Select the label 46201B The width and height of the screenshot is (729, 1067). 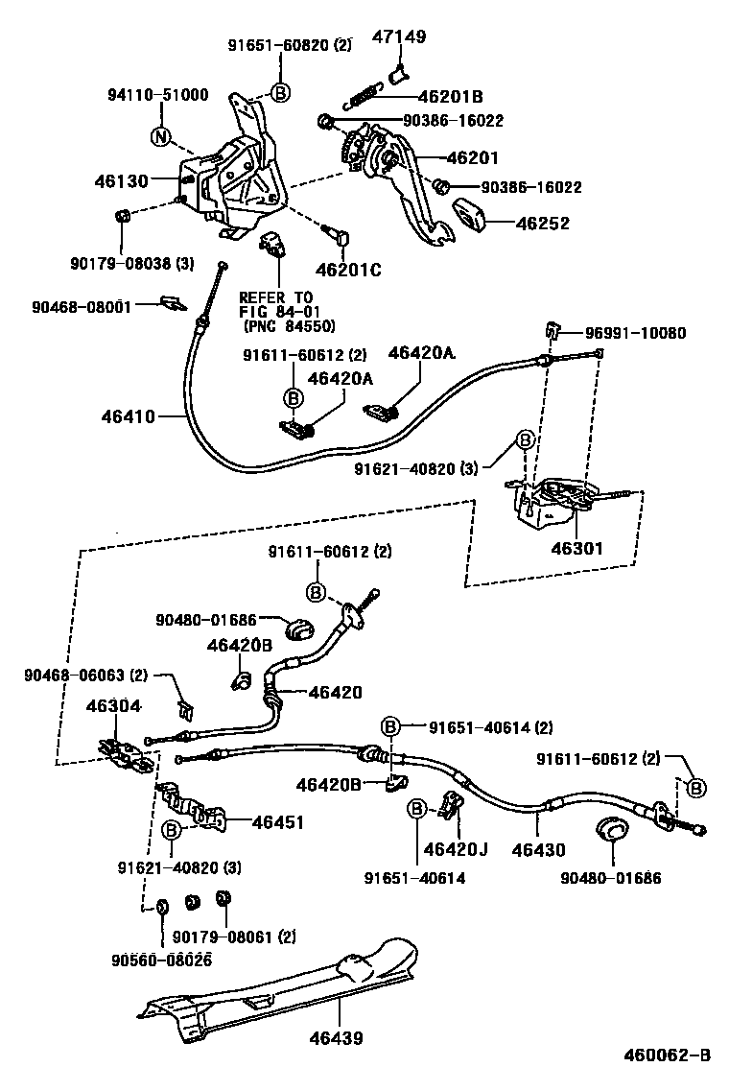(x=450, y=97)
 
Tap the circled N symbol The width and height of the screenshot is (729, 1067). (x=160, y=137)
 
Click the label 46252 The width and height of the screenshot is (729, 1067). (x=543, y=224)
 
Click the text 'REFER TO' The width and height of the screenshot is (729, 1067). (x=275, y=296)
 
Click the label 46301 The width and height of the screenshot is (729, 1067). (x=576, y=550)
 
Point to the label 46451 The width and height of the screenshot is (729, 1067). (x=277, y=821)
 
